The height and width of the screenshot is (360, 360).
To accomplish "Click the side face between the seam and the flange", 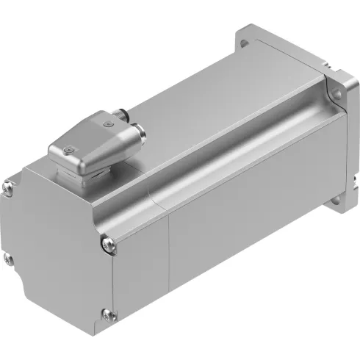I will point(242,220).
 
